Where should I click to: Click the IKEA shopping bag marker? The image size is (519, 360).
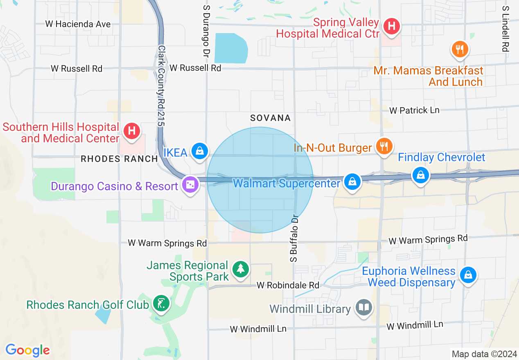(x=199, y=151)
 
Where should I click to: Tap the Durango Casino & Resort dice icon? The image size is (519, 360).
(x=190, y=185)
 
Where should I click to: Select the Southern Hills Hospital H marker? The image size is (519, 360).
(x=131, y=131)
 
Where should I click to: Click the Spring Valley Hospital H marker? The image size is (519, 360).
(x=392, y=27)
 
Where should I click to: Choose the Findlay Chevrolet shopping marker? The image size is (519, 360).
(x=420, y=175)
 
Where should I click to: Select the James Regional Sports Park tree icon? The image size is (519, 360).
(x=240, y=269)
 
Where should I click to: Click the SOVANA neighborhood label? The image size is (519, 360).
(x=271, y=118)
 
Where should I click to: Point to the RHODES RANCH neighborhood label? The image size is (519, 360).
(x=119, y=159)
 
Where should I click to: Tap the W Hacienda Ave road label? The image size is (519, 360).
(x=78, y=24)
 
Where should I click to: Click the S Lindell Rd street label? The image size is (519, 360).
(x=505, y=29)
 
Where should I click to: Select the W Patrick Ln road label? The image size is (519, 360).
(x=414, y=110)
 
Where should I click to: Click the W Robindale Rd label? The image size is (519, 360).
(x=288, y=285)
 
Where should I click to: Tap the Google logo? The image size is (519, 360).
(x=27, y=350)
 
